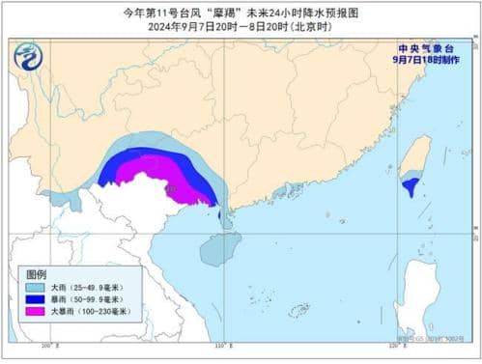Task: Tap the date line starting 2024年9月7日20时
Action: pos(241,28)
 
